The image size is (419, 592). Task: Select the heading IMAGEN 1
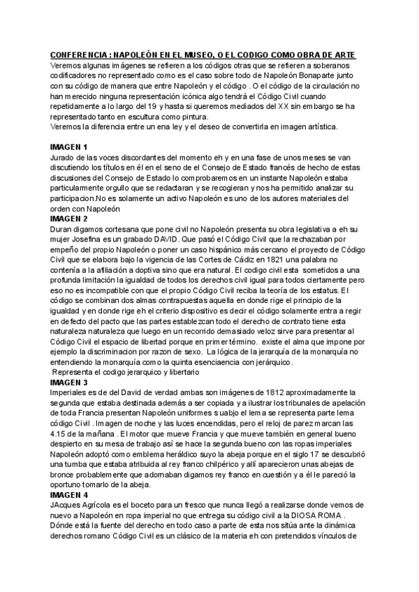click(68, 147)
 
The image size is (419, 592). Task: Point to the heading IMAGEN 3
click(68, 383)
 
